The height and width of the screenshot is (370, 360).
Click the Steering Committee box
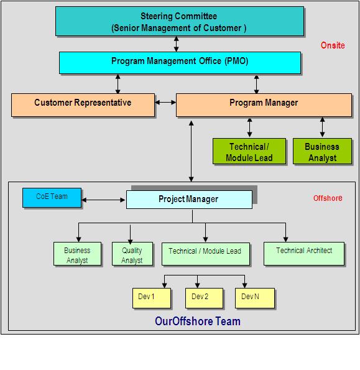point(179,22)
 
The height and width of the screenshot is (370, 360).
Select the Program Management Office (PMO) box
point(180,62)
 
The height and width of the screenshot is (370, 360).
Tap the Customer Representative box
point(83,104)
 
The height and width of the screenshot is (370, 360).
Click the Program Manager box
point(264,104)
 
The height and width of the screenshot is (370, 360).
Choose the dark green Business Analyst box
point(321,151)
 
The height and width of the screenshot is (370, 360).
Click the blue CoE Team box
point(52,197)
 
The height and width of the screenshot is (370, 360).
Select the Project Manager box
point(188,200)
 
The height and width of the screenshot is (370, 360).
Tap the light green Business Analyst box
point(77,255)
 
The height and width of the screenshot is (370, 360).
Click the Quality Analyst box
point(132,255)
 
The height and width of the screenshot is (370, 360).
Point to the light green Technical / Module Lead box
point(205,252)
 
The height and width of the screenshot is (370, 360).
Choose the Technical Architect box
point(304,252)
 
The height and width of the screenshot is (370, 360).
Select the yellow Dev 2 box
point(203,298)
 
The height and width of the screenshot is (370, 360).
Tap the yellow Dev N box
point(254,298)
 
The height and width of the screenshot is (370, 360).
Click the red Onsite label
point(332,45)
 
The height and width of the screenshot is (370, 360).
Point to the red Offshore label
point(327,198)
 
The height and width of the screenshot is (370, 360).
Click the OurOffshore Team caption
point(197,321)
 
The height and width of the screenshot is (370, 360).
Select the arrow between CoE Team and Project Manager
point(104,200)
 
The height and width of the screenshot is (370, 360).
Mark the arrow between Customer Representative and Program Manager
point(165,103)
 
